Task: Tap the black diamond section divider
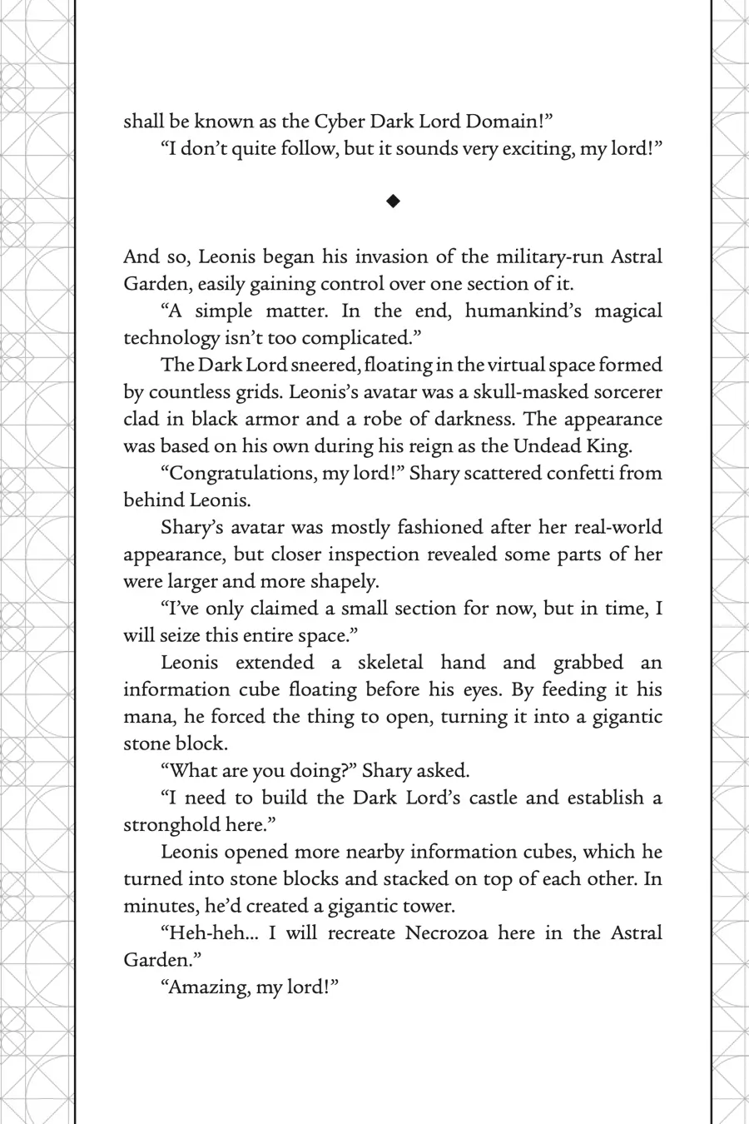pos(394,201)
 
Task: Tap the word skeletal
pos(390,663)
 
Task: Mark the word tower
pos(425,906)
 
